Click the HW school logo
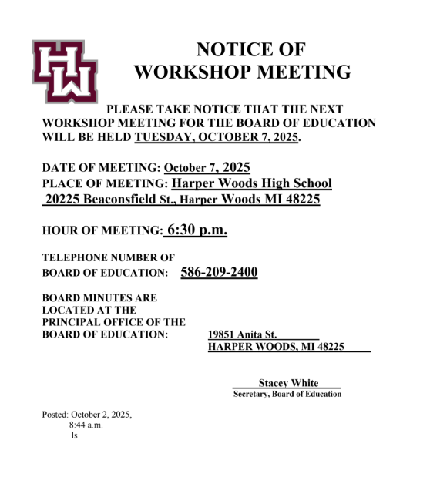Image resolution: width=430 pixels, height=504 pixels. click(65, 71)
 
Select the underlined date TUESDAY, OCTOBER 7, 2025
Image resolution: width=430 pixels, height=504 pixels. click(217, 138)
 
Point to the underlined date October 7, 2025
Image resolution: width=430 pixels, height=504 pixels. click(207, 167)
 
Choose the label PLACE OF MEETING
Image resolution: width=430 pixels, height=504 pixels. click(105, 183)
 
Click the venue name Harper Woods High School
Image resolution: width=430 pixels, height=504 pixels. click(251, 183)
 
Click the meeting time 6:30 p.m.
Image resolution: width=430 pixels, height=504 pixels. click(196, 230)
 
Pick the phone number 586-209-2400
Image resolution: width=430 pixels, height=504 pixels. click(219, 273)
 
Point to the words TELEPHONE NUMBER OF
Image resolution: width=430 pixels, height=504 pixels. click(108, 257)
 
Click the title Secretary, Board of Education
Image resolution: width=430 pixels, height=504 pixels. click(287, 395)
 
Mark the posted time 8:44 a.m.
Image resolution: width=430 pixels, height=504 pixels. click(86, 425)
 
